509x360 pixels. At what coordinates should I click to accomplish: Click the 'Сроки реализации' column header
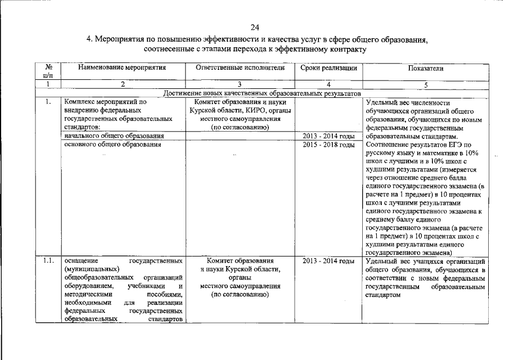(x=328, y=68)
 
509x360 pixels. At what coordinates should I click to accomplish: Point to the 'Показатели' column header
(x=426, y=68)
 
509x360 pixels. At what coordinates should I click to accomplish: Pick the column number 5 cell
(x=426, y=85)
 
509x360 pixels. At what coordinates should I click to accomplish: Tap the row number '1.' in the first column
(x=48, y=102)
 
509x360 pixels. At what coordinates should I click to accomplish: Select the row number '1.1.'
(x=48, y=261)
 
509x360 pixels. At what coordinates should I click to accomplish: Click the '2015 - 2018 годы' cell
(x=328, y=145)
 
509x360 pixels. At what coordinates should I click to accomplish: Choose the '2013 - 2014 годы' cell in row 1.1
(x=328, y=261)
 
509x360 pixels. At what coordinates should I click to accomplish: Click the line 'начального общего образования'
(x=114, y=136)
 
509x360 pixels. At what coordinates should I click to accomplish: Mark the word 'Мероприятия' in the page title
(x=118, y=40)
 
